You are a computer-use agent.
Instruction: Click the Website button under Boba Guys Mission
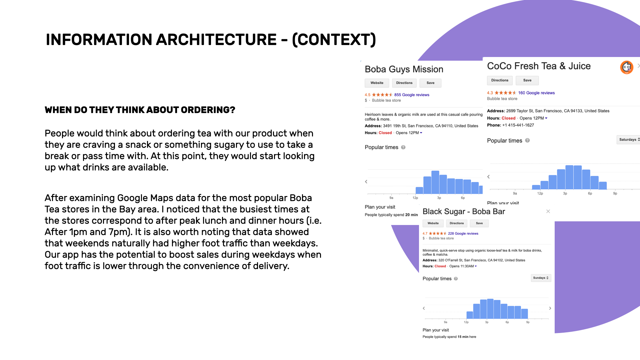pos(377,83)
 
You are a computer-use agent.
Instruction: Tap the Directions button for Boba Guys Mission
pos(404,83)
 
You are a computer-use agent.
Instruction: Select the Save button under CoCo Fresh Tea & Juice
pos(527,80)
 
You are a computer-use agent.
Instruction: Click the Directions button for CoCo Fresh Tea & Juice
pos(500,80)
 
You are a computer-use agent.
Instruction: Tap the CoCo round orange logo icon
pos(627,67)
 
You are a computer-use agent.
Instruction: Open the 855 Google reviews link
pos(412,95)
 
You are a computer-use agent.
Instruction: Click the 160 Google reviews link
pos(536,93)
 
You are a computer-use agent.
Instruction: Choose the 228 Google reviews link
pos(463,234)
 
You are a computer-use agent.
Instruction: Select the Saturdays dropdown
pos(629,140)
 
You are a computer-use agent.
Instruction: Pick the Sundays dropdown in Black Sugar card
pos(541,278)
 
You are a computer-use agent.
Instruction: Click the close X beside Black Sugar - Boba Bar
pos(548,211)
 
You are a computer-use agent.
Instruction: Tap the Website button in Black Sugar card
pos(433,223)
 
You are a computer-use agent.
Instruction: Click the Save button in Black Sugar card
pos(479,223)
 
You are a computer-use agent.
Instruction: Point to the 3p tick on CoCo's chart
pos(565,193)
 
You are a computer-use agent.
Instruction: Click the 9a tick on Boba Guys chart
pos(391,198)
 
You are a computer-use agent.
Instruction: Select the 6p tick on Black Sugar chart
pos(507,322)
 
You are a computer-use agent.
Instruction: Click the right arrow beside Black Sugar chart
pos(550,308)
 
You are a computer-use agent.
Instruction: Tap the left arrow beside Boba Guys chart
pos(366,182)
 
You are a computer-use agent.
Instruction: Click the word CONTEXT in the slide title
pos(334,40)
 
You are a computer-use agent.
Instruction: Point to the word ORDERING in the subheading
pos(204,110)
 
